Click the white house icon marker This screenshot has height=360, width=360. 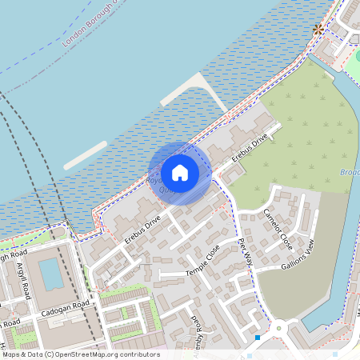[x=180, y=172]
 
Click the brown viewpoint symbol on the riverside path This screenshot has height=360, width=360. [x=318, y=30]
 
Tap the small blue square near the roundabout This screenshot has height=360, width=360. [x=258, y=338]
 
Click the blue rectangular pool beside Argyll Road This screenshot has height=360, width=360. [x=50, y=274]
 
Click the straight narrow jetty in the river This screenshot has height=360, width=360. [x=85, y=155]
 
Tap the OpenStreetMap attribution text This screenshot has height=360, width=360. [x=80, y=354]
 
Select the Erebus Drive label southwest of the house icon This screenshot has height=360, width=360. [x=142, y=225]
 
